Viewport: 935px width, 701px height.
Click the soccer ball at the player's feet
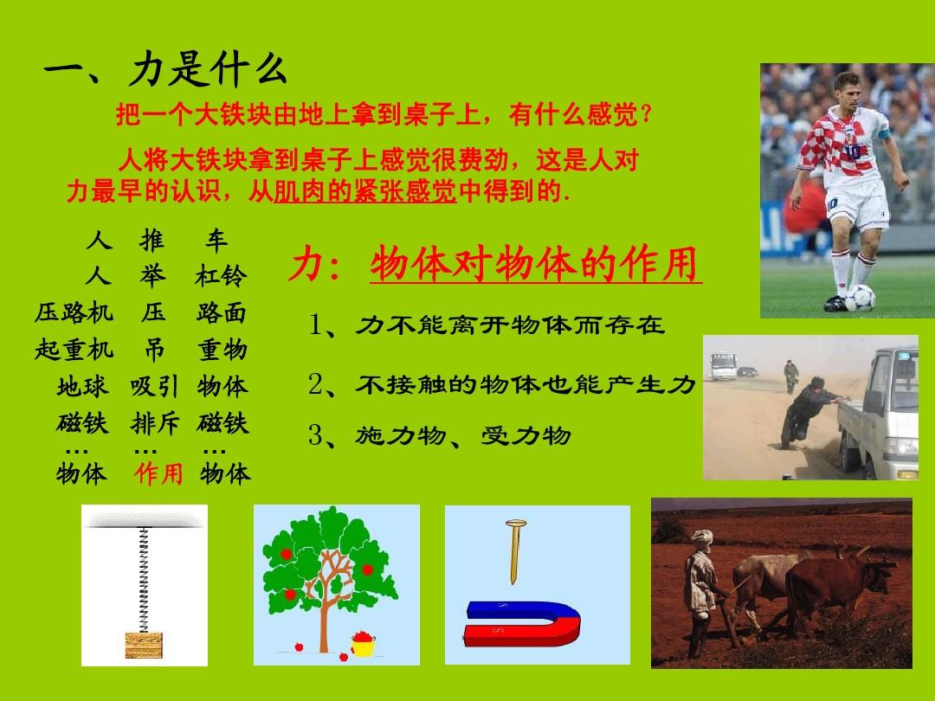click(860, 298)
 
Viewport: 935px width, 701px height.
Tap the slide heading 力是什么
click(207, 70)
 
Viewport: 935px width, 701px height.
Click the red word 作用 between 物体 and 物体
click(158, 474)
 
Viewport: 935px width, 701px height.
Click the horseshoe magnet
click(522, 624)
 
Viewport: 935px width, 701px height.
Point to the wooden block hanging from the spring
click(144, 645)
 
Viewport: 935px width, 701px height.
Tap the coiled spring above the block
click(143, 579)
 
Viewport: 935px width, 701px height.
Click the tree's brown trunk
click(325, 614)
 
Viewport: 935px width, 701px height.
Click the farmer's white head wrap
click(702, 537)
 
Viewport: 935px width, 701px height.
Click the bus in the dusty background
click(723, 366)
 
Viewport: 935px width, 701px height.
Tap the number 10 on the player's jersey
click(852, 151)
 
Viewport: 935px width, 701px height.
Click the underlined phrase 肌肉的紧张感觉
click(365, 191)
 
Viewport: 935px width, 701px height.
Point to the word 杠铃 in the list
click(221, 276)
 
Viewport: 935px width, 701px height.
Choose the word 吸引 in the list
click(154, 387)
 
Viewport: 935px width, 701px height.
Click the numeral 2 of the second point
click(315, 384)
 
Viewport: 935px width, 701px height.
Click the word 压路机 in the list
click(74, 312)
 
